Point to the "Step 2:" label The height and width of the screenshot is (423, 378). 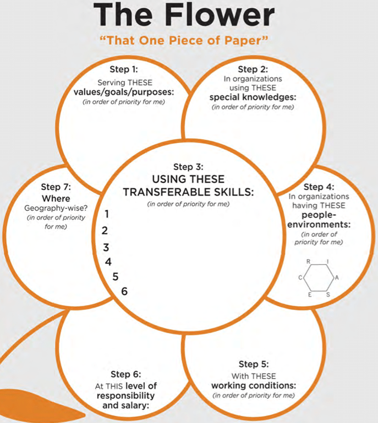254,69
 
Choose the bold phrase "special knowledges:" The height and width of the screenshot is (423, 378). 254,97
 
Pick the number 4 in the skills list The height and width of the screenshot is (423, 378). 108,262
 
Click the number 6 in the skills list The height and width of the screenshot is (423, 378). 124,291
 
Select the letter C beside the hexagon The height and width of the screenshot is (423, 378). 300,278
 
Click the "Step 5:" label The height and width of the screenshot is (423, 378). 254,364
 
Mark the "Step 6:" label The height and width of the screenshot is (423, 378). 125,375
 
